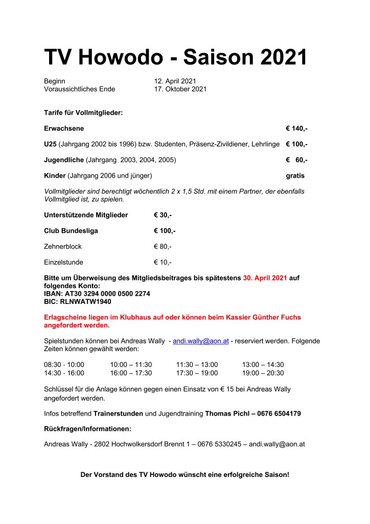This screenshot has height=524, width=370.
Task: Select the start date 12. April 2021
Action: (175, 81)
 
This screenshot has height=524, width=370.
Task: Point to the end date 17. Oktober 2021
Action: (180, 89)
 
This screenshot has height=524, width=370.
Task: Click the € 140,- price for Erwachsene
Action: (296, 128)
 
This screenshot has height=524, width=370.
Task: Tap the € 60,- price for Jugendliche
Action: (296, 160)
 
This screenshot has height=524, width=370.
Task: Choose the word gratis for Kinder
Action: (295, 176)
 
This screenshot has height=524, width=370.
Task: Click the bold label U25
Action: (50, 144)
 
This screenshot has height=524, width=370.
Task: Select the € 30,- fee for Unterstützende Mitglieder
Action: (163, 214)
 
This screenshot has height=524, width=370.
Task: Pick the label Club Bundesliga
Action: (71, 230)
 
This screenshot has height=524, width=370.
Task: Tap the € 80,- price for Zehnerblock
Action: (163, 246)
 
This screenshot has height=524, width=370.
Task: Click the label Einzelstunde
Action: (63, 262)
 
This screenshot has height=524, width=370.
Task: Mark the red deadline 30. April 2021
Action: (265, 278)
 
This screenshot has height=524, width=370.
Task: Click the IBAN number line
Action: (97, 294)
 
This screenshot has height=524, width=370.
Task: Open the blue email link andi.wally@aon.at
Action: (200, 341)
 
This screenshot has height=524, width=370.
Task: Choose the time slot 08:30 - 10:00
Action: (64, 364)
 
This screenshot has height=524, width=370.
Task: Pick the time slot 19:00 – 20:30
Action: (263, 373)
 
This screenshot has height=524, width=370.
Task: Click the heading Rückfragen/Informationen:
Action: (87, 428)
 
